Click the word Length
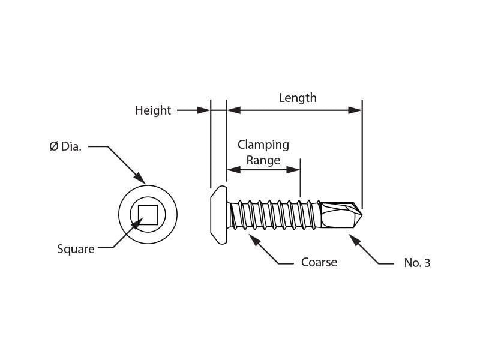[298, 98]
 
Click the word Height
[153, 110]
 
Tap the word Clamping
[263, 145]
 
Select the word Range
[263, 160]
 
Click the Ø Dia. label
[65, 146]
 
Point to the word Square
[76, 249]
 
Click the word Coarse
[319, 262]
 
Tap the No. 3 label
[417, 263]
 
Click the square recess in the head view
[148, 215]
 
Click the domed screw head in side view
[219, 215]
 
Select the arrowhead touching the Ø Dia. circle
[140, 178]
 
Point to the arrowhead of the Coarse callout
[254, 240]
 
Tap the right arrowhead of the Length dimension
[355, 110]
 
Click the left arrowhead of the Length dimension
[233, 110]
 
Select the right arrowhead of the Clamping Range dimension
[293, 170]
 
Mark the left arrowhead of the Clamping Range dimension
[233, 170]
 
